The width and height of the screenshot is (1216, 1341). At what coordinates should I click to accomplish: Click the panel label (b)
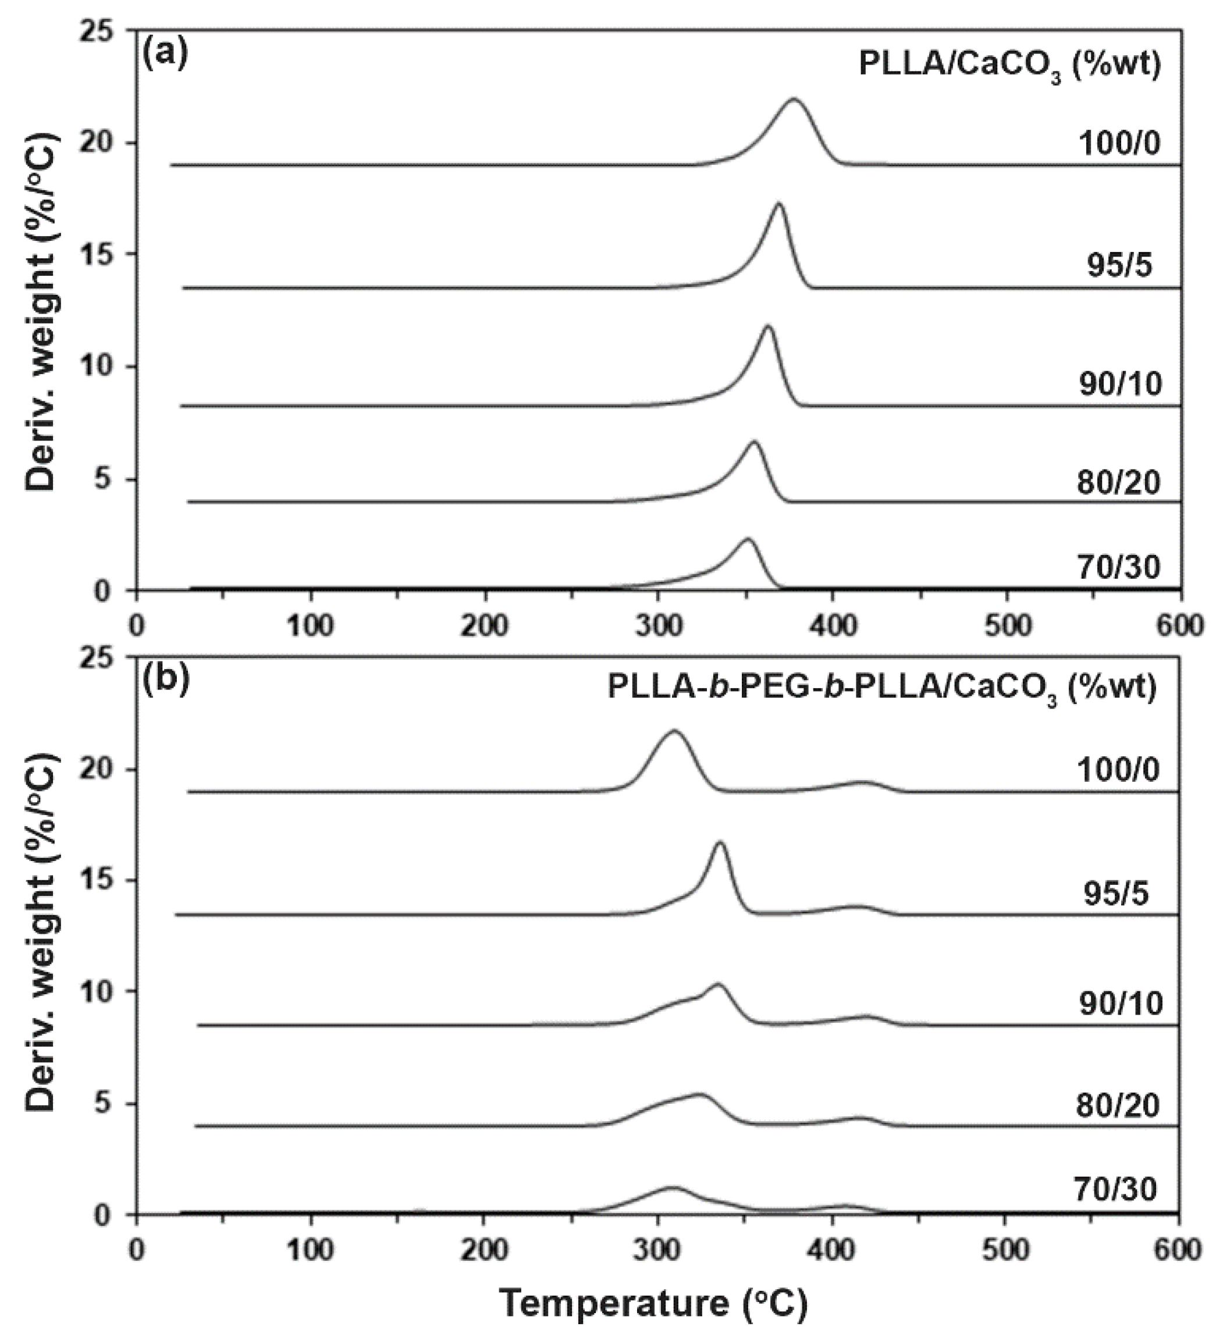pos(166,678)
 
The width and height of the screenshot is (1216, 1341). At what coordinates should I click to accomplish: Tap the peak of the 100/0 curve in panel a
pos(794,100)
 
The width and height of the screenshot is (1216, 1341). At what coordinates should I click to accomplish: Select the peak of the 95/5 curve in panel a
pos(778,204)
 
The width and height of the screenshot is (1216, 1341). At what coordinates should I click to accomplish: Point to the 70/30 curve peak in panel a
pos(747,539)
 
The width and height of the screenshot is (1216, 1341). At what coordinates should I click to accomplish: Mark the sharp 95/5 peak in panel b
pos(720,843)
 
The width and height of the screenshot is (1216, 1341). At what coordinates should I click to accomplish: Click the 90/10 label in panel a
pos(1120,385)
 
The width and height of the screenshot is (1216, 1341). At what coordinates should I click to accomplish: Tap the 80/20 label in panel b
pos(1118,1105)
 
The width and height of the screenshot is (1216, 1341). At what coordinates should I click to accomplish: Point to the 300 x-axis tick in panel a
pos(658,626)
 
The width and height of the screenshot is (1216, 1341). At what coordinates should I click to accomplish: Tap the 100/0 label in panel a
pos(1119,144)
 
